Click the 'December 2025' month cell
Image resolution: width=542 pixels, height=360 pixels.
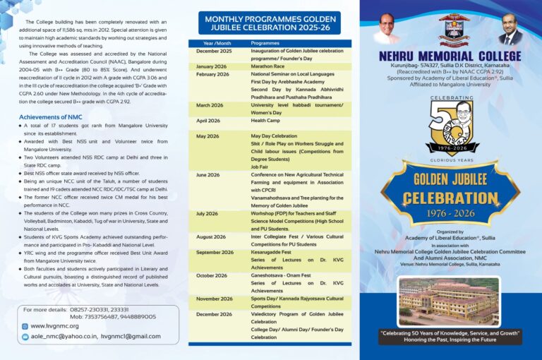[213, 52]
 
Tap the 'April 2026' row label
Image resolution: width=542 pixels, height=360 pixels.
[207, 121]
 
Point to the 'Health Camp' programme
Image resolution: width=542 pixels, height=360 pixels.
[267, 121]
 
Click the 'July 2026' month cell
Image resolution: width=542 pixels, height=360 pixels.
[206, 213]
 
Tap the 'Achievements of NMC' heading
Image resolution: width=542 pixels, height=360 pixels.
[51, 116]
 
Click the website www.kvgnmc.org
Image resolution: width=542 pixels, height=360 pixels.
[55, 326]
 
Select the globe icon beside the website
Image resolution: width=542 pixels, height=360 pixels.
[25, 326]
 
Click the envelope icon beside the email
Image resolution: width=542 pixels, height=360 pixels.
[25, 337]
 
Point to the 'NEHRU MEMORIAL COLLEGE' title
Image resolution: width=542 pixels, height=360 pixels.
[450, 56]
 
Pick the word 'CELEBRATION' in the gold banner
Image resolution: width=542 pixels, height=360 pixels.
[451, 198]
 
